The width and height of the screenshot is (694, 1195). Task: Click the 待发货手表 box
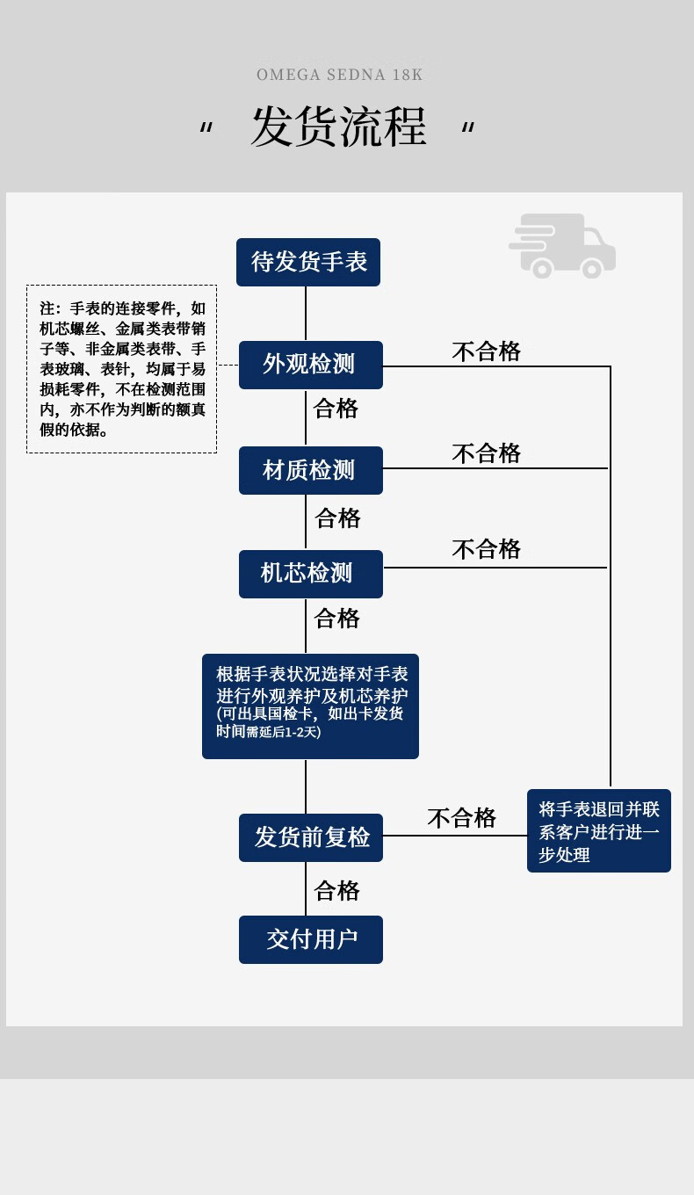point(308,262)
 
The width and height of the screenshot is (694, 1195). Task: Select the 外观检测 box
point(310,365)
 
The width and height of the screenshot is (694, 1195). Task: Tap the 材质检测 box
point(310,471)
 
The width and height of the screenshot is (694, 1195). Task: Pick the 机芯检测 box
point(310,574)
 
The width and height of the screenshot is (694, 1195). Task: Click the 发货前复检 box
point(310,837)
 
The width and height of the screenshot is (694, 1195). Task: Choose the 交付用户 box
point(310,939)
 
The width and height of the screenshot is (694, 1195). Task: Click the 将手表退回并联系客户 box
point(599,830)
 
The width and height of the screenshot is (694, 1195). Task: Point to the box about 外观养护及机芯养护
point(310,706)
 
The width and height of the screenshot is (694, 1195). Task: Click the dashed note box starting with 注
point(121,369)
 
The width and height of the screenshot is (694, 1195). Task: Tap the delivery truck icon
point(562,246)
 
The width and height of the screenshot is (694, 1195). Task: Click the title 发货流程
point(339,127)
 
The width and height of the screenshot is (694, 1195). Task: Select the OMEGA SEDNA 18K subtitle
point(339,75)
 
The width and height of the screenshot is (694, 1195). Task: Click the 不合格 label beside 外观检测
point(486,351)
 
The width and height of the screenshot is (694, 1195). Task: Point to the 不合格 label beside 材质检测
point(486,453)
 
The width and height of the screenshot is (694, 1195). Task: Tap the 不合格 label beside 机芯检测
point(486,549)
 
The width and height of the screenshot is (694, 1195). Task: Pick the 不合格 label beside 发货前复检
point(461,818)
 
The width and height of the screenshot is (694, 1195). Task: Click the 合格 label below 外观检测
point(336,409)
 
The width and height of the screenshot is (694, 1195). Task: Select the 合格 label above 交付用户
point(336,890)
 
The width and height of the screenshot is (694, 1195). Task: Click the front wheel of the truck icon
point(591,268)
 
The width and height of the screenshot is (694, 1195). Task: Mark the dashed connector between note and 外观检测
point(228,365)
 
